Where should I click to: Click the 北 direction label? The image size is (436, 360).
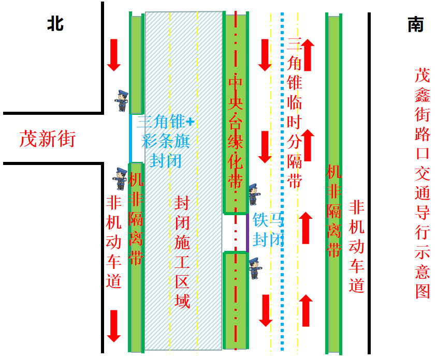55,23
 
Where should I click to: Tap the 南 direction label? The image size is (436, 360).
416,24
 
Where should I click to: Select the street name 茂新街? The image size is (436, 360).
48,139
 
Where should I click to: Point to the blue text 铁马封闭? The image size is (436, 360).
268,230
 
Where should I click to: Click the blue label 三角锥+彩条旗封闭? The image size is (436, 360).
166,141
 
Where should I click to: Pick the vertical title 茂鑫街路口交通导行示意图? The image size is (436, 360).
423,183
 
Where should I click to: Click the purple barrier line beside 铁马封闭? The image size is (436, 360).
248,233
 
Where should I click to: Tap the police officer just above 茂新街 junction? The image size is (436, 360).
122,100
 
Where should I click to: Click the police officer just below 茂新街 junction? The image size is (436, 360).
120,178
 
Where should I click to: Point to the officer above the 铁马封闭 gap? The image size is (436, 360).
253,194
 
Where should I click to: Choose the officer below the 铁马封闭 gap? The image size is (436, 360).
254,268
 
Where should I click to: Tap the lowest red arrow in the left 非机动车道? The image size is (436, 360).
114,326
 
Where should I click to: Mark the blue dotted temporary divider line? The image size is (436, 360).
282,181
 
